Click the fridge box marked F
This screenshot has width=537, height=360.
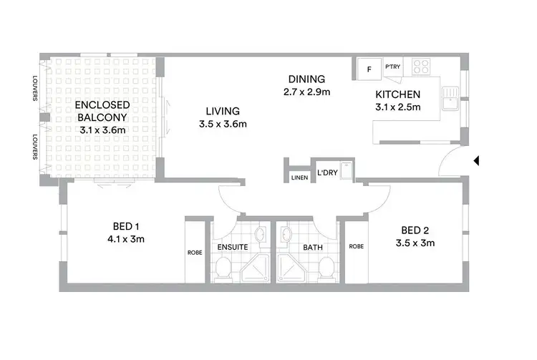click(x=369, y=69)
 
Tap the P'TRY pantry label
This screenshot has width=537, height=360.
click(x=392, y=67)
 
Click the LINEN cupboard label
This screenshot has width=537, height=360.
click(x=299, y=177)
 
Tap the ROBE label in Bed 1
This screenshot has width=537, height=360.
click(x=195, y=253)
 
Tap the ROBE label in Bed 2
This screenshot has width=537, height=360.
click(x=356, y=247)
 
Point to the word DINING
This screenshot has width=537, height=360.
click(x=306, y=79)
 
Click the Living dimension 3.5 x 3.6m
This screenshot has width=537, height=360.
click(x=223, y=124)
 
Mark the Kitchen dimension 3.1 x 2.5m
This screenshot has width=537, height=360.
click(x=399, y=107)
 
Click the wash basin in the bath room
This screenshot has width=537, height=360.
click(x=286, y=233)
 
